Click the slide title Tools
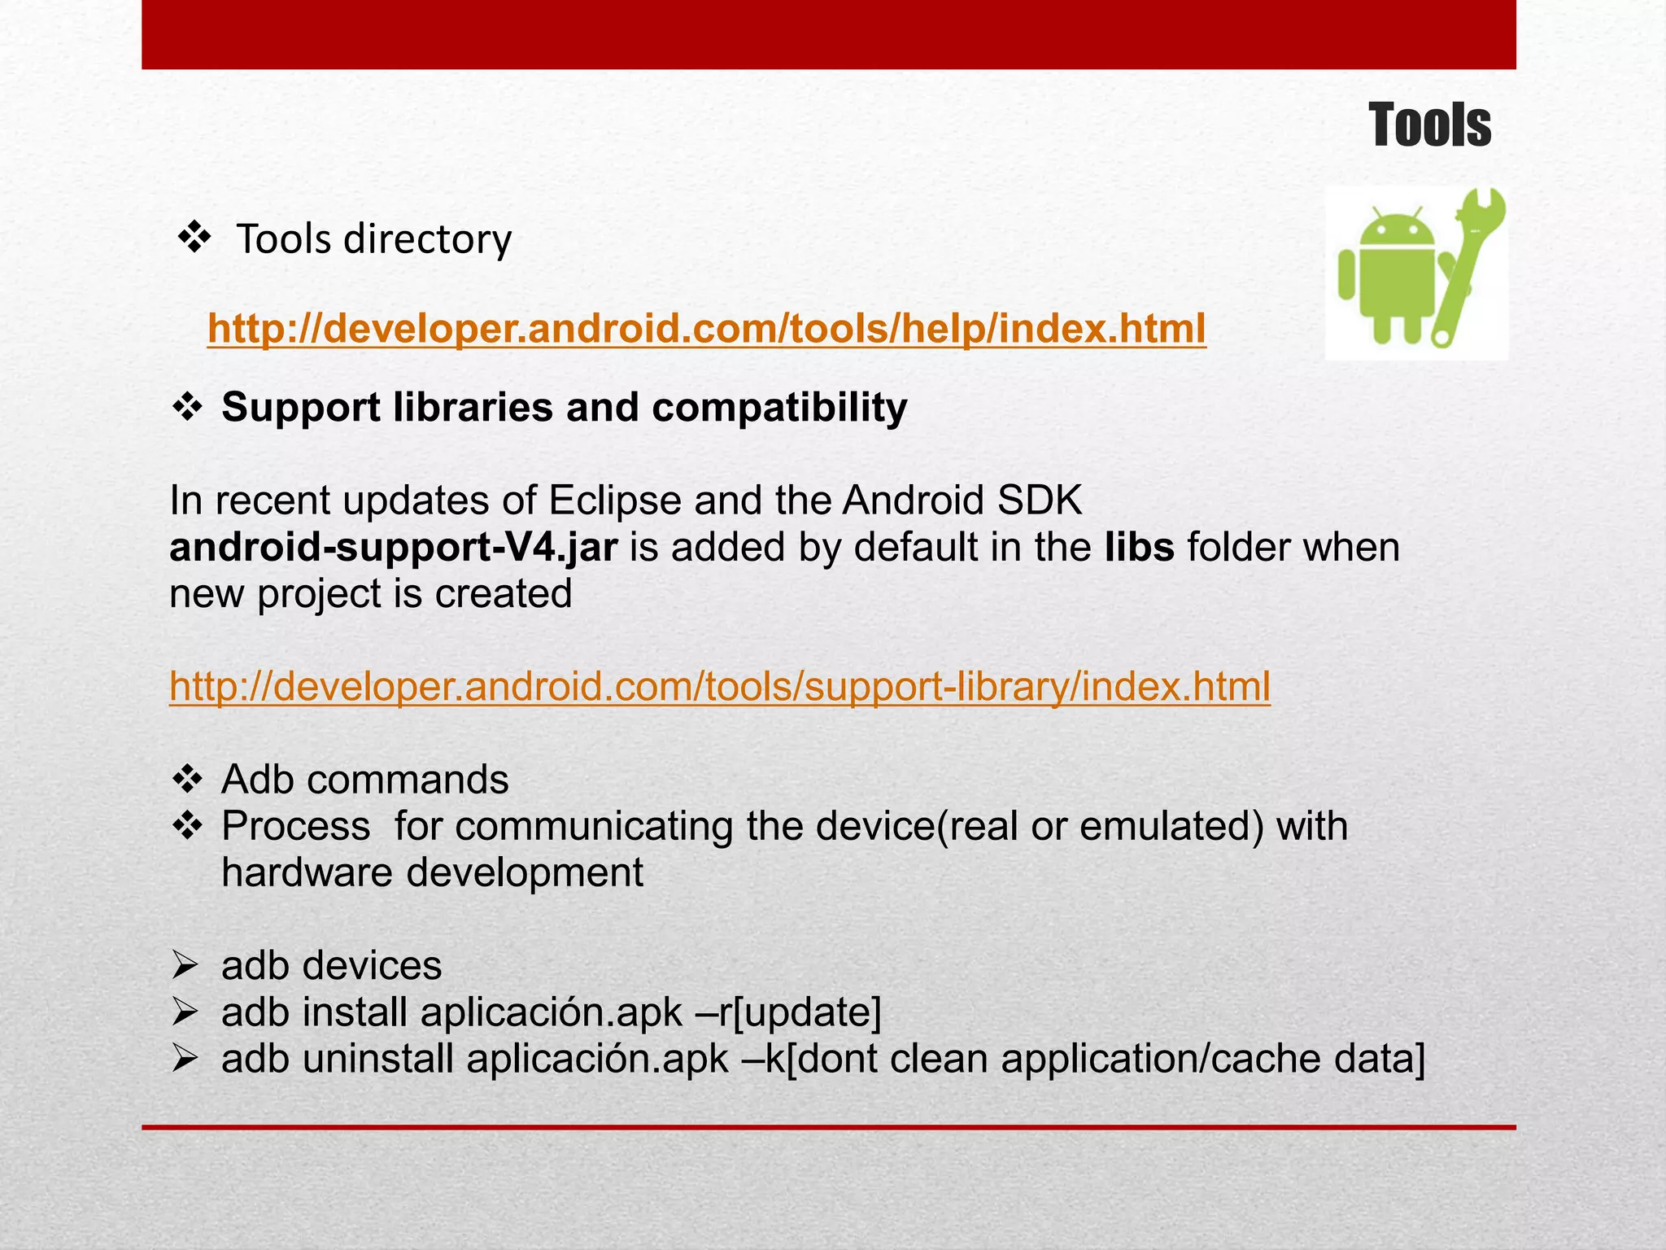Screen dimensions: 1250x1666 click(1429, 126)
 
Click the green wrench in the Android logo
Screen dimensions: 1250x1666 click(1472, 260)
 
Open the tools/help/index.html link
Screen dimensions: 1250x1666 click(706, 329)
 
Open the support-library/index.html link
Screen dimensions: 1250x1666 click(719, 687)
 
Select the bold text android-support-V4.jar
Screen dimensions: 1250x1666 click(393, 548)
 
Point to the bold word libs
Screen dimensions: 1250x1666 click(1139, 548)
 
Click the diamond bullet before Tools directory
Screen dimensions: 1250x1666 click(194, 238)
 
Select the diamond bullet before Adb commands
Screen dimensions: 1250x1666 click(188, 780)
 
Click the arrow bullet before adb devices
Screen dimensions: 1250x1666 click(186, 966)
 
